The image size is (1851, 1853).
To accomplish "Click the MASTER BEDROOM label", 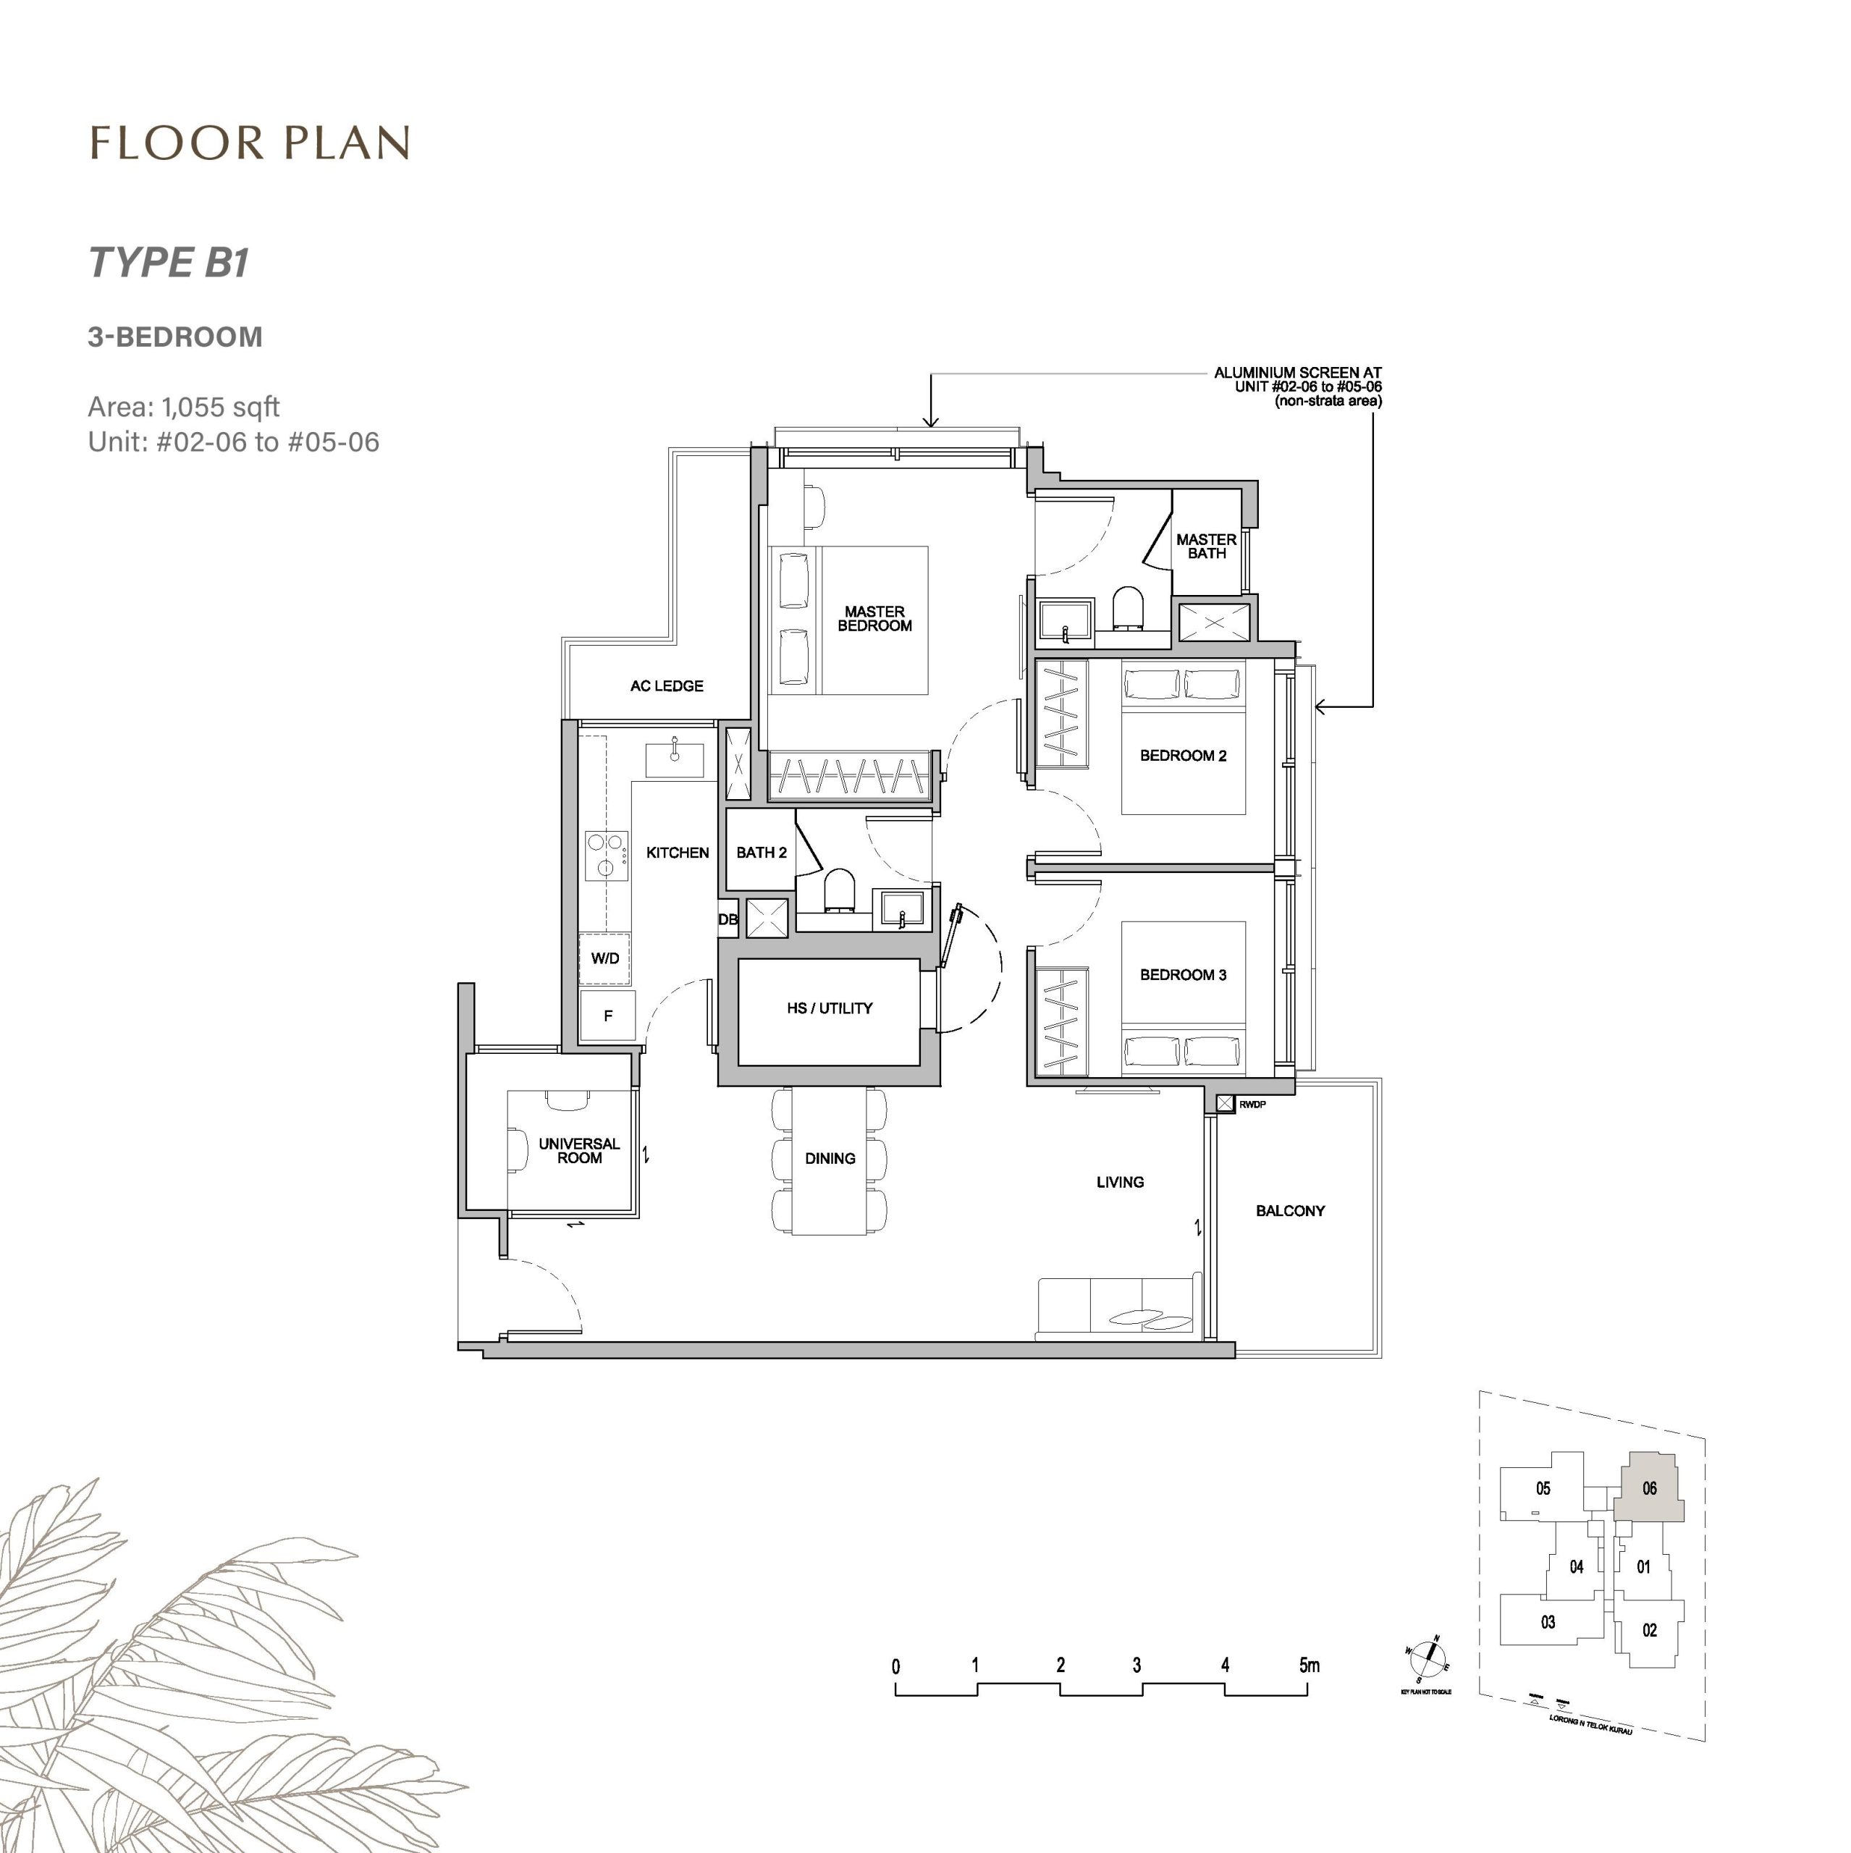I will tap(874, 619).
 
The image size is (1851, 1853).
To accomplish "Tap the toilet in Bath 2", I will tap(838, 888).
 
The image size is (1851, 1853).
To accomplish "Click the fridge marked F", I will tap(607, 1016).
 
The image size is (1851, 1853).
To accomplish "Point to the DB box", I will tap(728, 919).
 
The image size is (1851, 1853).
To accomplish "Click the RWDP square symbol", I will tap(1225, 1104).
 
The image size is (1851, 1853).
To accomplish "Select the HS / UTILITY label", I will tap(829, 1008).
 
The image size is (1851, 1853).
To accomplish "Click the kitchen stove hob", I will tap(606, 855).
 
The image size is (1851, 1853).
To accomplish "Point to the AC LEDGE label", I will tap(667, 685).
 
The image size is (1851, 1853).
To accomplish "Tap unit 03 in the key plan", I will tap(1547, 1622).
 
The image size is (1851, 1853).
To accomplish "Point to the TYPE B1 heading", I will tap(169, 262).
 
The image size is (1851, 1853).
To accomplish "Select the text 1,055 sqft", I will tap(221, 407).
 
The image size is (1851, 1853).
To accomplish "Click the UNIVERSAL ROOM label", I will tap(578, 1150).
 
